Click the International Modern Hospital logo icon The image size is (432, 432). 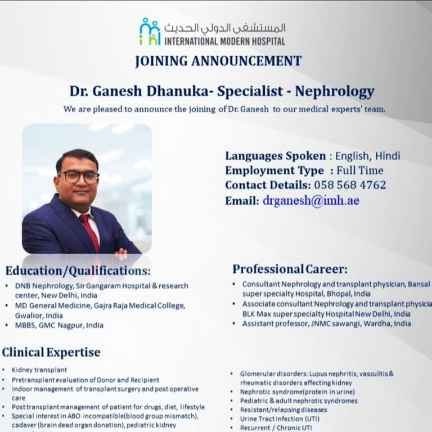coord(150,32)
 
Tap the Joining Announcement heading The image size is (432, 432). coord(218,61)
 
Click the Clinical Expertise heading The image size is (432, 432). coord(51,352)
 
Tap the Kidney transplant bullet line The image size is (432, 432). coord(39,370)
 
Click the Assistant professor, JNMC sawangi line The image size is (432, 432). coord(326,323)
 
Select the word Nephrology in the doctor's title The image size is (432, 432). coord(334,91)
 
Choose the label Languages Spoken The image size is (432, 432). coord(275,156)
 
